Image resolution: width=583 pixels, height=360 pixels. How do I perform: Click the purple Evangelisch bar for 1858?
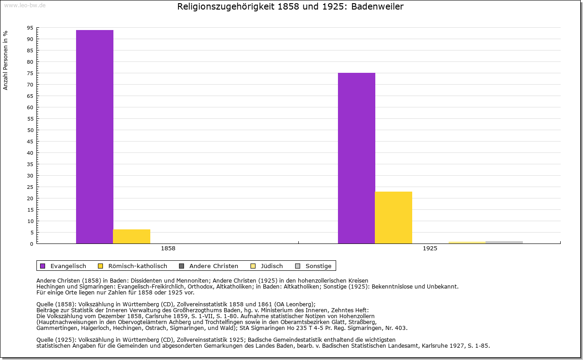click(95, 137)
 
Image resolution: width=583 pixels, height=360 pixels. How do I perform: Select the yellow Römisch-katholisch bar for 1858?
click(132, 236)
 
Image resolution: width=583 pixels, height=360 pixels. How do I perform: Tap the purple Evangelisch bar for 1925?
click(357, 158)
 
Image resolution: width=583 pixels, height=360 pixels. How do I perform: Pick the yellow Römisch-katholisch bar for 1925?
click(394, 218)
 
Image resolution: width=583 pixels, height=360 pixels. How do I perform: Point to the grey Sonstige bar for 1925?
click(504, 242)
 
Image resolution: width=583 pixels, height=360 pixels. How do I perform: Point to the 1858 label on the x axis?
click(168, 249)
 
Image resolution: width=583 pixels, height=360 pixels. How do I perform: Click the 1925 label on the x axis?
click(430, 249)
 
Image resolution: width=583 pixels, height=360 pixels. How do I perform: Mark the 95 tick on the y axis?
click(30, 28)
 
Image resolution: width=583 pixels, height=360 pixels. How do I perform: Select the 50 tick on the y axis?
click(30, 130)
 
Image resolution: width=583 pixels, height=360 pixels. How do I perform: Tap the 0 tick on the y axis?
click(31, 244)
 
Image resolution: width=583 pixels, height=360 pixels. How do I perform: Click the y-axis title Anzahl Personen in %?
click(5, 60)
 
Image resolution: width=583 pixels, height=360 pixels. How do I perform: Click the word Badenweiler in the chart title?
click(378, 7)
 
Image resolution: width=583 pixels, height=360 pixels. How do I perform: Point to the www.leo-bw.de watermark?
click(25, 5)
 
